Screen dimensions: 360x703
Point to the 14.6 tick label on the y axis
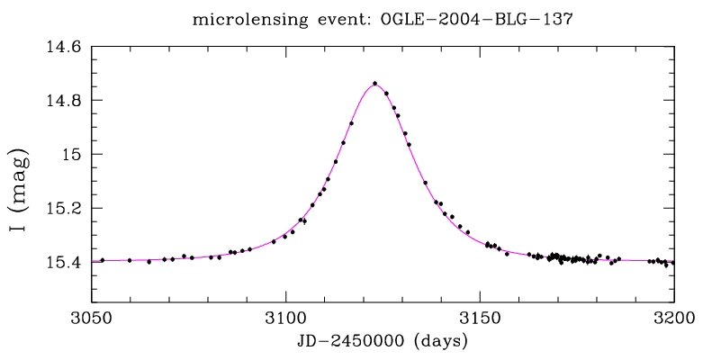(63, 46)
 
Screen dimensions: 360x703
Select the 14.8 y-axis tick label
(63, 100)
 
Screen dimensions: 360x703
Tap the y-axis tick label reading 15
(71, 154)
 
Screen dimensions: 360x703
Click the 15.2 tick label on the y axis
(63, 208)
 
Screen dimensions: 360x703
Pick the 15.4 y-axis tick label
(63, 262)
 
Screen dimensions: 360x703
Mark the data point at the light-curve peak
(374, 84)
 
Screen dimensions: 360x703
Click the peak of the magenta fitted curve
(374, 85)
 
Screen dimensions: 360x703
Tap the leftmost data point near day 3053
(103, 260)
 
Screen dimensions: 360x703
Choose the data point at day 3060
(130, 260)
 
